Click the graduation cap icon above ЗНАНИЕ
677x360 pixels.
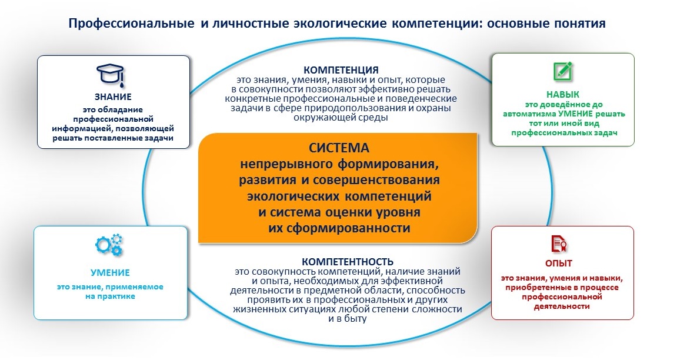(x=111, y=74)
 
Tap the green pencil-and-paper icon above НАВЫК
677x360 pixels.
(x=563, y=71)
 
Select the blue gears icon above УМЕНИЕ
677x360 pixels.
(x=109, y=245)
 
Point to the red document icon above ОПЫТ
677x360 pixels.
(x=559, y=244)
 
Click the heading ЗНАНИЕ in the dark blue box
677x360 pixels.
(x=113, y=97)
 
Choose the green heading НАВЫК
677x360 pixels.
(x=563, y=95)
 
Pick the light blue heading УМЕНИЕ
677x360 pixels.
(x=110, y=273)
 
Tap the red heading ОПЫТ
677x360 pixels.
(x=559, y=264)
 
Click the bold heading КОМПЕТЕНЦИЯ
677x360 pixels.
(x=341, y=70)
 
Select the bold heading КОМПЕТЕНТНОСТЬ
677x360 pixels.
(x=348, y=262)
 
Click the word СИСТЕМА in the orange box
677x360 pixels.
(x=339, y=148)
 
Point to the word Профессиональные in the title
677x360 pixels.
(x=131, y=24)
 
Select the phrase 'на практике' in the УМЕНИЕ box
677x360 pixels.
(x=110, y=296)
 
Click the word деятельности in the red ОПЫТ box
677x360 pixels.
(x=562, y=306)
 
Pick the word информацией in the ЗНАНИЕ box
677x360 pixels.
(x=76, y=129)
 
